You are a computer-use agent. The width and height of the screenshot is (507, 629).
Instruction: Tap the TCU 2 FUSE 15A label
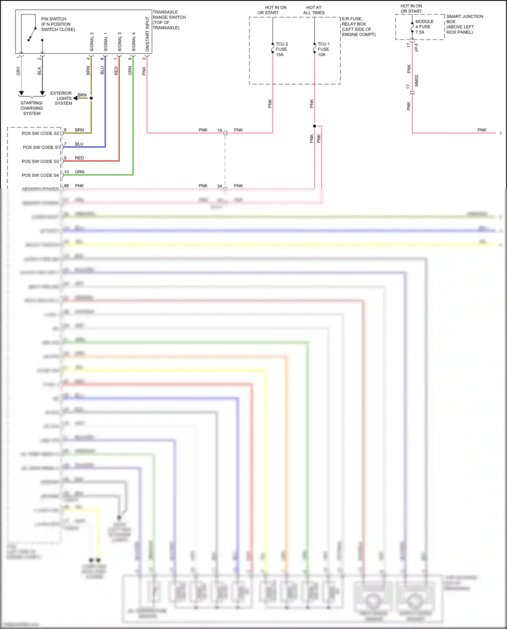point(282,49)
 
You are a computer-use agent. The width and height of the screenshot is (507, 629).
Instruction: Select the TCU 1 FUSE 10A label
point(323,49)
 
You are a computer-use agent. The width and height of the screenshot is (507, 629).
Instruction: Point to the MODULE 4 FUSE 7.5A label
point(424,27)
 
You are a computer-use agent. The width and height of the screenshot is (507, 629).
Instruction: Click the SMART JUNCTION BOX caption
point(464,24)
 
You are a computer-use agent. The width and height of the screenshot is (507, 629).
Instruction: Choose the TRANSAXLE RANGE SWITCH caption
point(169,20)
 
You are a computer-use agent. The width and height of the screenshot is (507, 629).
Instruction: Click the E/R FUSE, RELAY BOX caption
point(359,27)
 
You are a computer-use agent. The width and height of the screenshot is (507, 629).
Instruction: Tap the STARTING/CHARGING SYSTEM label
point(32,108)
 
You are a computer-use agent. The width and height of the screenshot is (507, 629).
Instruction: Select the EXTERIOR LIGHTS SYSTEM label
point(61,98)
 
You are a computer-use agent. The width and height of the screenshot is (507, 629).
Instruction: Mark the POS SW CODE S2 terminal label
point(40,134)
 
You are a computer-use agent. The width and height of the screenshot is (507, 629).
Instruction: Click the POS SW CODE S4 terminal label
point(40,175)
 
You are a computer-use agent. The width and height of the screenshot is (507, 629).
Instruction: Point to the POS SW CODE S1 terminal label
point(41,147)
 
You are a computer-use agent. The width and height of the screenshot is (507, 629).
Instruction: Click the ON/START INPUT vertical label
point(147,34)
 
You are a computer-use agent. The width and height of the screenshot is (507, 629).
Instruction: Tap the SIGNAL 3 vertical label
point(120,42)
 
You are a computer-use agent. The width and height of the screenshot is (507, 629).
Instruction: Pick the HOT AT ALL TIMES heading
point(314,10)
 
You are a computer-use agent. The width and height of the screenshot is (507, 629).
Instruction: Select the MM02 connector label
point(416,80)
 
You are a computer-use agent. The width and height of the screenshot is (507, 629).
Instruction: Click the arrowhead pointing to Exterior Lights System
point(75,98)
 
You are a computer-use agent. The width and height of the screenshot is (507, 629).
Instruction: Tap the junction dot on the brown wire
point(91,98)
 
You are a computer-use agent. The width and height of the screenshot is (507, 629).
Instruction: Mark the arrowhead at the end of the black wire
point(42,93)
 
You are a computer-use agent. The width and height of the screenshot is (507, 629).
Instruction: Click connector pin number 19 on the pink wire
point(220,130)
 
